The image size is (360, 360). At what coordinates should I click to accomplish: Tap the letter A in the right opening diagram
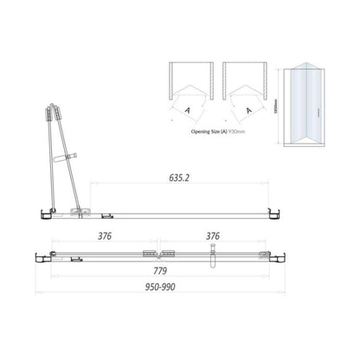click(249, 111)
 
